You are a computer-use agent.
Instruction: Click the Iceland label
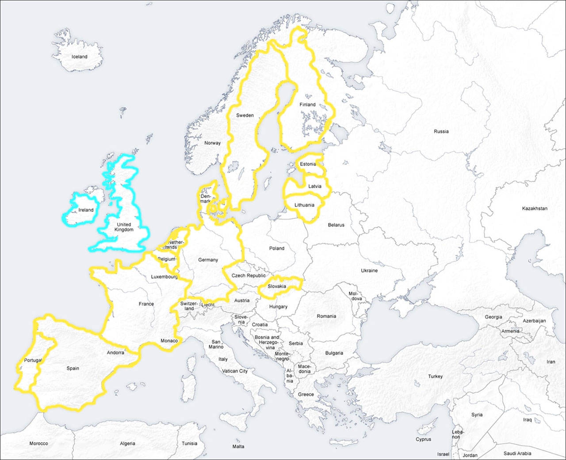[80, 57]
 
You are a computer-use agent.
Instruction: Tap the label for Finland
[307, 105]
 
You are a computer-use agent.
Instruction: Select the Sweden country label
[245, 115]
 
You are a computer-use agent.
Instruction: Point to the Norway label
[212, 143]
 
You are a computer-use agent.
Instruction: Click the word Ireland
[86, 210]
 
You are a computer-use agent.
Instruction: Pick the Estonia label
[308, 164]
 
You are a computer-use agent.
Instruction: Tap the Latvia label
[315, 186]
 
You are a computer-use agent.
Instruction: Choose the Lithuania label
[304, 205]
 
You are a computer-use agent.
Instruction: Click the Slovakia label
[277, 286]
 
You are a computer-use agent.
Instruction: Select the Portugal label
[33, 360]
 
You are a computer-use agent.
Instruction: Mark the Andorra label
[115, 353]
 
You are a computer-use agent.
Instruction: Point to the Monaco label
[169, 341]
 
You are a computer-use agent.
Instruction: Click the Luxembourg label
[164, 277]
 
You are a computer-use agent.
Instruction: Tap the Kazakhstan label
[535, 208]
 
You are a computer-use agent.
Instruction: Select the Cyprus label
[423, 439]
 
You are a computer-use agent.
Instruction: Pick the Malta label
[238, 446]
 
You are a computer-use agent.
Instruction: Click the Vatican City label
[235, 371]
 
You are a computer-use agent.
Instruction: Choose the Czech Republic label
[249, 275]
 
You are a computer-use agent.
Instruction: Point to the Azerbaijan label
[534, 321]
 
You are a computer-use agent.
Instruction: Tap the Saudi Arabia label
[517, 453]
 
